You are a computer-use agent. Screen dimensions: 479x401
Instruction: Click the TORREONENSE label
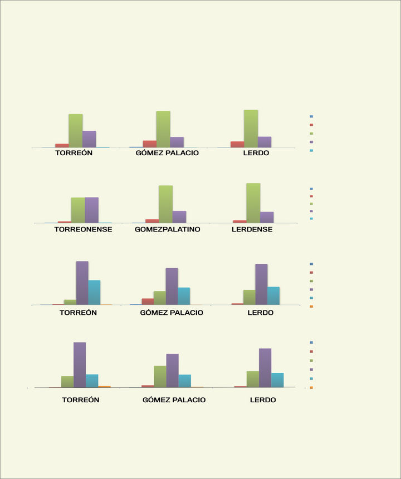(83, 229)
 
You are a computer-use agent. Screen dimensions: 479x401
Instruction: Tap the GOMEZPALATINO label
(167, 229)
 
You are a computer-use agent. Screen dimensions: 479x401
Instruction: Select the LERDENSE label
(252, 229)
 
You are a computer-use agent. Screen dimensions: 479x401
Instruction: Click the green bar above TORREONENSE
(78, 210)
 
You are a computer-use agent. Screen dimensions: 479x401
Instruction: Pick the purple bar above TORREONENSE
(92, 210)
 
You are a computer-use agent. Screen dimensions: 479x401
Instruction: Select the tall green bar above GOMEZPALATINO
(165, 204)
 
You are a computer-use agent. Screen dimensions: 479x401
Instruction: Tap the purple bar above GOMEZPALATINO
(179, 217)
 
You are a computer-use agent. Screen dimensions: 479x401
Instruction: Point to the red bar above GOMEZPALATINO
(152, 221)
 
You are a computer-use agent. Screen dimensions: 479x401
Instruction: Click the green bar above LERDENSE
(253, 203)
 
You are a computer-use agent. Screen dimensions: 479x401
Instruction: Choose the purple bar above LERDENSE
(267, 218)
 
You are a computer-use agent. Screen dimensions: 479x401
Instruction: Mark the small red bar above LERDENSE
(239, 221)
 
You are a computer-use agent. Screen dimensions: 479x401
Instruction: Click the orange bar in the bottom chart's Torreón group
(104, 386)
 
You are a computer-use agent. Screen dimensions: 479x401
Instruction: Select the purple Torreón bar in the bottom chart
(80, 364)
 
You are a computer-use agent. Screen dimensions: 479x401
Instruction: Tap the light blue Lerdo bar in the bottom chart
(277, 380)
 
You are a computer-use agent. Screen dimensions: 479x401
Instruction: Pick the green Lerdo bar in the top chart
(251, 129)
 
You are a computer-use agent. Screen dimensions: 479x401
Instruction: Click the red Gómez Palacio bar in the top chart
(149, 144)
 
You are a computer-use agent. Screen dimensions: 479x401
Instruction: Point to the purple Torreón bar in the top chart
(89, 139)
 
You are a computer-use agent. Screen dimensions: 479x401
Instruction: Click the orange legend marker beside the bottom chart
(311, 387)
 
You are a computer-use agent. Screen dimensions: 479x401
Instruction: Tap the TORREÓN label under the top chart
(74, 152)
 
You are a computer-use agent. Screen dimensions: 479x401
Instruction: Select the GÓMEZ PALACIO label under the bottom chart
(174, 399)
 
